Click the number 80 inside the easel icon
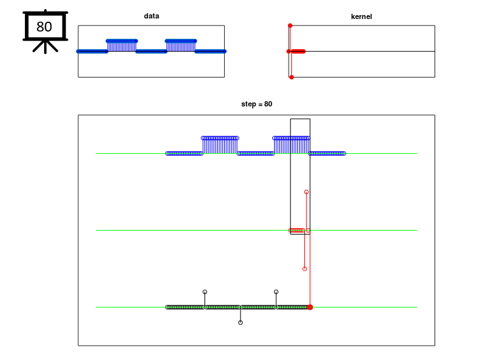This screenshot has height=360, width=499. [x=44, y=27]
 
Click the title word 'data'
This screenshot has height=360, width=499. [x=151, y=16]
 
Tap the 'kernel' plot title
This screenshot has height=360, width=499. [x=361, y=16]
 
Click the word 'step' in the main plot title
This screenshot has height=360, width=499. [x=249, y=104]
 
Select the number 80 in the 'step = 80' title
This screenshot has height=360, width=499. [x=268, y=104]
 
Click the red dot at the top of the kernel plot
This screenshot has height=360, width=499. [x=290, y=26]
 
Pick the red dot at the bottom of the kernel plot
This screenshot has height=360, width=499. [x=291, y=78]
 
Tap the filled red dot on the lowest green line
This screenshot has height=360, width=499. [x=310, y=307]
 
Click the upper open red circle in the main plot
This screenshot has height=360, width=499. [x=306, y=192]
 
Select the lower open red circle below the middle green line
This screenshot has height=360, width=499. [x=304, y=269]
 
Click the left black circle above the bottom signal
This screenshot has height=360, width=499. [x=205, y=292]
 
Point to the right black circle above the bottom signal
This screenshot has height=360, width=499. [x=276, y=292]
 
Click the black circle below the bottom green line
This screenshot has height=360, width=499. [x=241, y=323]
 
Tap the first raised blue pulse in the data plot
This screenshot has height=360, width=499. [x=122, y=46]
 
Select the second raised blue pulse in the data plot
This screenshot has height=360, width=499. [x=181, y=46]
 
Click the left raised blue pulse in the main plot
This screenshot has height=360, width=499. [x=220, y=145]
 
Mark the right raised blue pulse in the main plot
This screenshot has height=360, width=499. [x=291, y=145]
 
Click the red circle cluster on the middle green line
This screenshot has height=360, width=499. [x=297, y=230]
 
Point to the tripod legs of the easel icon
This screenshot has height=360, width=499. [x=45, y=47]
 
